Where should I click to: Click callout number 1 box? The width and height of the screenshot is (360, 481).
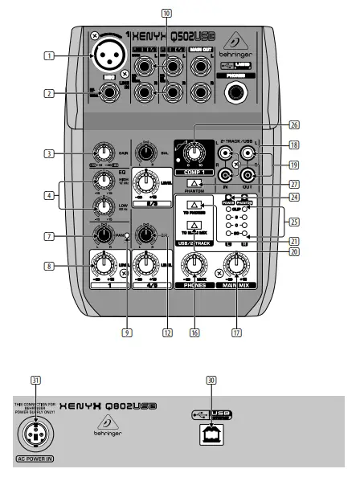tap(50, 56)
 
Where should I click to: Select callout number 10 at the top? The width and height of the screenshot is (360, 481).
tap(166, 13)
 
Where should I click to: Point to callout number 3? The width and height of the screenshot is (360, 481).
tap(50, 153)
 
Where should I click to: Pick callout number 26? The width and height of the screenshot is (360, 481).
tap(294, 124)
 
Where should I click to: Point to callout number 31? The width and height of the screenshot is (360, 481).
tap(35, 382)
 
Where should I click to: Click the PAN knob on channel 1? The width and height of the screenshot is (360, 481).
tap(102, 234)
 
